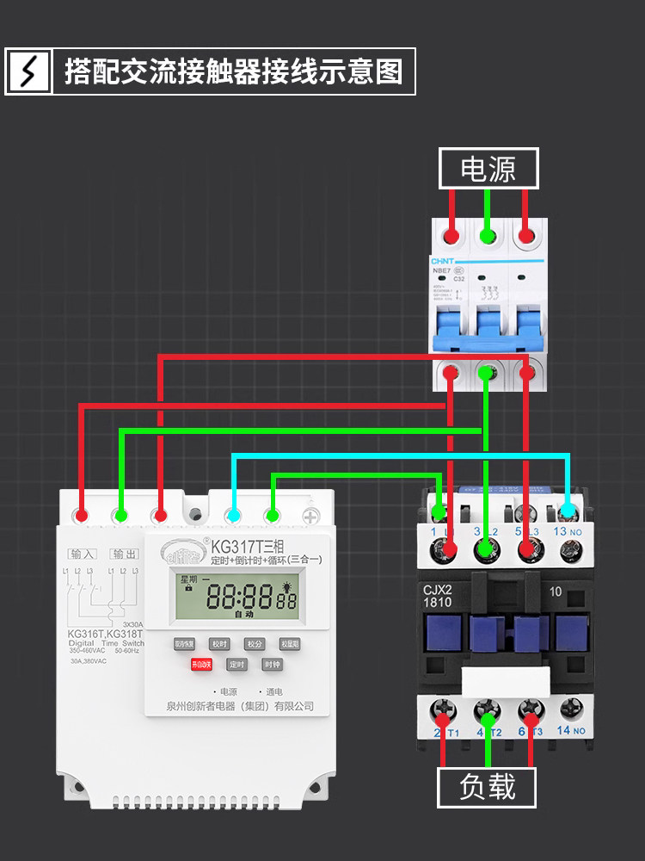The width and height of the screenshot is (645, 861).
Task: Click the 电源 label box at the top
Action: [x=488, y=169]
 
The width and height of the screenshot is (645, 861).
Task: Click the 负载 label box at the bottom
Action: [x=488, y=787]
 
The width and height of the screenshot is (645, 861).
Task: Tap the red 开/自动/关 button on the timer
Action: [x=200, y=665]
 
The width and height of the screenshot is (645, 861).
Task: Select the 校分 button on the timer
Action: [x=254, y=643]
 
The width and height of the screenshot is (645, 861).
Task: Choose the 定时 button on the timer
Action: [x=236, y=665]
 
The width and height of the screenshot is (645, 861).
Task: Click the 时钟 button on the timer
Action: [x=272, y=665]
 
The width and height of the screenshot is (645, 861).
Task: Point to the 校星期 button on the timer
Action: [x=290, y=643]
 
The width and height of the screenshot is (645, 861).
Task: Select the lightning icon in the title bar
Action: [x=29, y=71]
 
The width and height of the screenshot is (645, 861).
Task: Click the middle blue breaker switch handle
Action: [x=487, y=330]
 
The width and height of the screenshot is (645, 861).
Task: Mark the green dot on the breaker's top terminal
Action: [x=488, y=234]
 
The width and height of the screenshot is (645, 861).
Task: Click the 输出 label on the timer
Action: [x=124, y=554]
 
